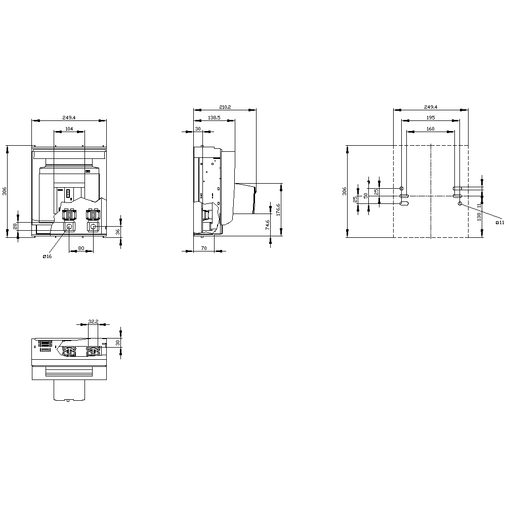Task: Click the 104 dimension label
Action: point(69,129)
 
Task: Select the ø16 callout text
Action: point(47,257)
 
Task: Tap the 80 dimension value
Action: point(81,248)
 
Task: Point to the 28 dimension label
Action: point(15,226)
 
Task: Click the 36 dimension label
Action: point(118,232)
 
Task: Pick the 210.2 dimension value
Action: point(225,107)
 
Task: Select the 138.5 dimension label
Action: point(214,118)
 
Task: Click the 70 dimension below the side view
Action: point(204,248)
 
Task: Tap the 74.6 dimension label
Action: point(268,225)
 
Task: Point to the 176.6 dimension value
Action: point(278,209)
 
